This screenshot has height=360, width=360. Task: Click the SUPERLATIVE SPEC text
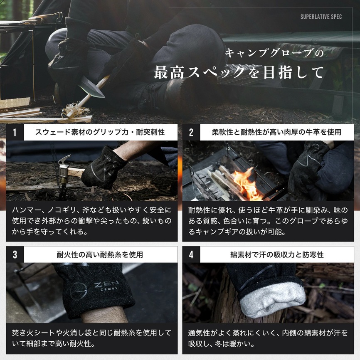(321, 17)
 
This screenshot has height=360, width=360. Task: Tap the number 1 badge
(15, 133)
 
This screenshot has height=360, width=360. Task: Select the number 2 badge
(191, 133)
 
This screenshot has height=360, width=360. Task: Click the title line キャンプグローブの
(274, 54)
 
